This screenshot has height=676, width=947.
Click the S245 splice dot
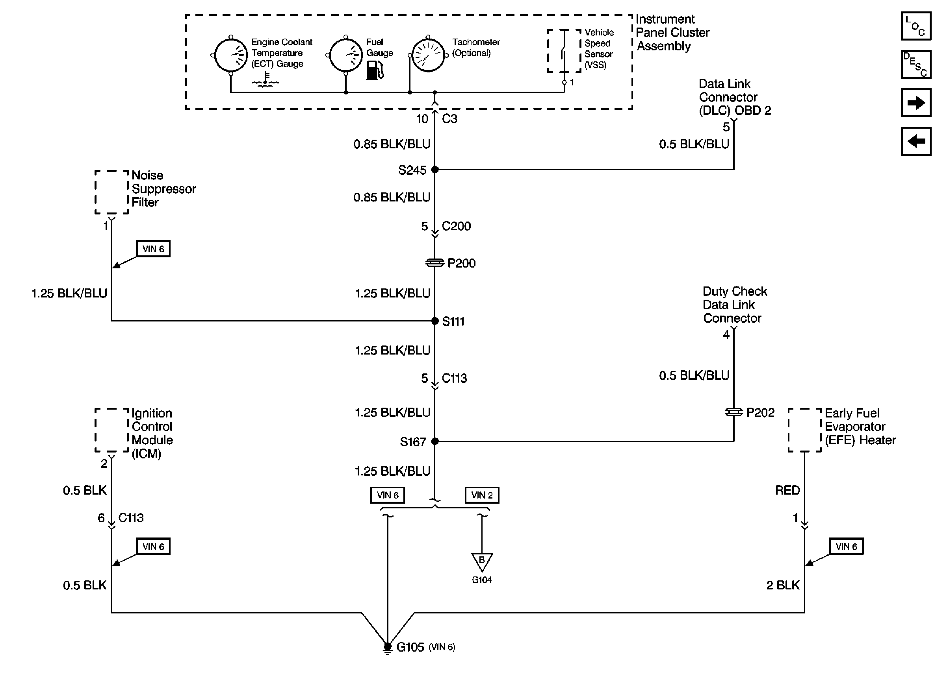tap(435, 170)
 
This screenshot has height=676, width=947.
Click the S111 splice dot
tap(435, 321)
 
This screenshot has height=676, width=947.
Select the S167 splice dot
tap(435, 441)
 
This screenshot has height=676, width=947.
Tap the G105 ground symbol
tap(388, 647)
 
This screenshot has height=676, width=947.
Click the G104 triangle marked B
tap(482, 561)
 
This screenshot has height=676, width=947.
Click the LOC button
tap(916, 26)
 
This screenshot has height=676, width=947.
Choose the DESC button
tap(916, 65)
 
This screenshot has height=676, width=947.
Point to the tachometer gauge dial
tap(428, 55)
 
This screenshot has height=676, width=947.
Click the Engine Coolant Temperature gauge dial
tap(230, 55)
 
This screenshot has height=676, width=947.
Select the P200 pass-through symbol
tap(435, 263)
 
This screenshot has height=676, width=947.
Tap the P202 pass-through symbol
tap(733, 412)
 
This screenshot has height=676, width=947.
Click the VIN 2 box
tap(482, 495)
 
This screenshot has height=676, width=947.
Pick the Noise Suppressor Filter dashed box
tap(111, 192)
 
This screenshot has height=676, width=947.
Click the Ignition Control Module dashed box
tap(111, 430)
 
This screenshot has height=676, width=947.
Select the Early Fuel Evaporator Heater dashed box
tap(804, 430)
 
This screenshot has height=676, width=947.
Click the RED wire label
tap(787, 490)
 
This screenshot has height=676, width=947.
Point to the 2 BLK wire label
tap(782, 585)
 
